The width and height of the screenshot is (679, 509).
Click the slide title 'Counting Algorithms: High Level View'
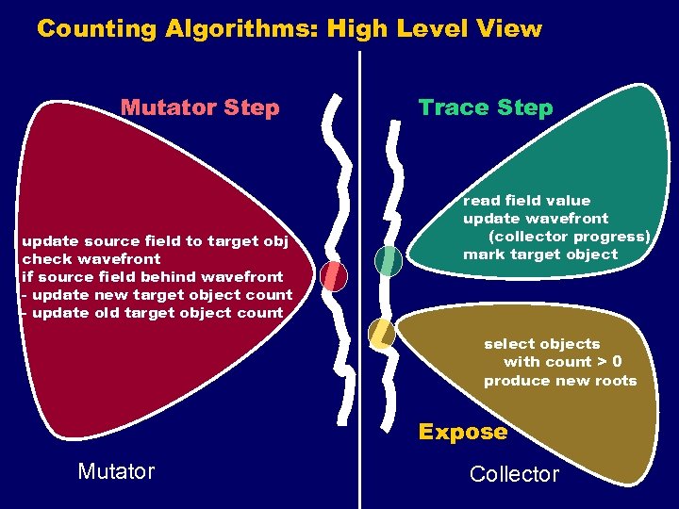[x=290, y=29]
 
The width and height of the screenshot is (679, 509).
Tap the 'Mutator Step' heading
[x=200, y=107]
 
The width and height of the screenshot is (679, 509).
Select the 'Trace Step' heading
[x=486, y=107]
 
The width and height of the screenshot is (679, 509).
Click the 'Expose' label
[x=462, y=432]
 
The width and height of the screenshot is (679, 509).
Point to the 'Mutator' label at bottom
[x=116, y=471]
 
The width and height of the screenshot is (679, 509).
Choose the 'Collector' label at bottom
[x=514, y=474]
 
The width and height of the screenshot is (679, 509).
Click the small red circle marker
[x=334, y=275]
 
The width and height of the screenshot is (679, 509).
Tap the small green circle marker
[x=389, y=261]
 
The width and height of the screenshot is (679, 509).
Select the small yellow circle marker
[x=381, y=334]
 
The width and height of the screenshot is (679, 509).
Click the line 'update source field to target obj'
[x=155, y=241]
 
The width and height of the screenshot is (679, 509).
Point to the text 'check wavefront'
[x=91, y=259]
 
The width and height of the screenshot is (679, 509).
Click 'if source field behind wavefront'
[x=152, y=277]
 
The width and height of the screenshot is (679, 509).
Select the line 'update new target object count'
[x=161, y=295]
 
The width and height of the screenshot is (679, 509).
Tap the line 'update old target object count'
[x=157, y=313]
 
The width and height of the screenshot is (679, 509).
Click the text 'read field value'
[x=526, y=201]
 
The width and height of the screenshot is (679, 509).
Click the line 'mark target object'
[x=539, y=254]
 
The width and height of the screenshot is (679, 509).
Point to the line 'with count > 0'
[x=562, y=362]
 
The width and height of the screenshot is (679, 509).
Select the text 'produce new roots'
[x=560, y=381]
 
